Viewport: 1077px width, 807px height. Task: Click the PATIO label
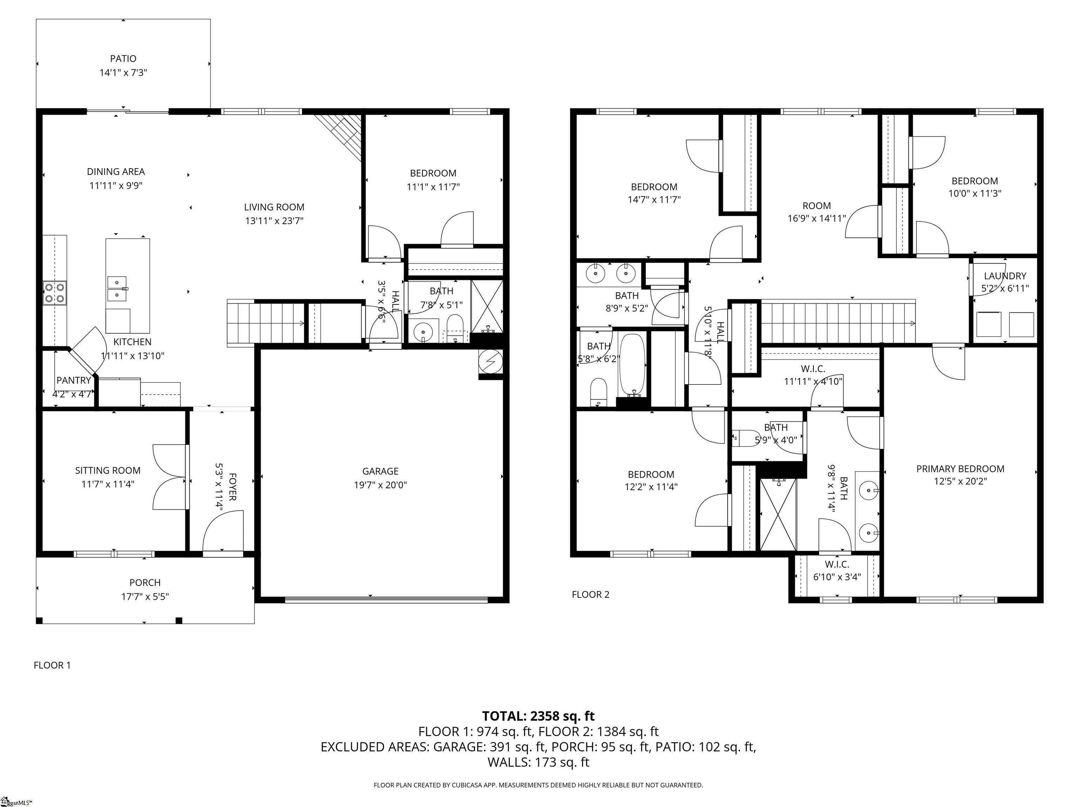123,59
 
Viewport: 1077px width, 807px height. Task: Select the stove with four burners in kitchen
55,293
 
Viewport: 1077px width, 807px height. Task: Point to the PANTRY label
74,380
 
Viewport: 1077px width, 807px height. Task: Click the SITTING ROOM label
108,470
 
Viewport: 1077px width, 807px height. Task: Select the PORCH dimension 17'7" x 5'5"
145,596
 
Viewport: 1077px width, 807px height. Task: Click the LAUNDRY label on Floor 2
1005,276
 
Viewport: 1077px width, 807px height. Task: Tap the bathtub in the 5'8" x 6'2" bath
632,365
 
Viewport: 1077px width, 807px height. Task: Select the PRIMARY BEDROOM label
960,469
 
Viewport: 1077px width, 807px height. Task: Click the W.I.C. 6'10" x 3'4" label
837,571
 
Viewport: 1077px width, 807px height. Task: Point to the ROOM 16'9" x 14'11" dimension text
817,219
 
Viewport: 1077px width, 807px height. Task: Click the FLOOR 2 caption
590,594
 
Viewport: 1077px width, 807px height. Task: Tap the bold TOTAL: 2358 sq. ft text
538,716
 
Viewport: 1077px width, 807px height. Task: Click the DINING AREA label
116,172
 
